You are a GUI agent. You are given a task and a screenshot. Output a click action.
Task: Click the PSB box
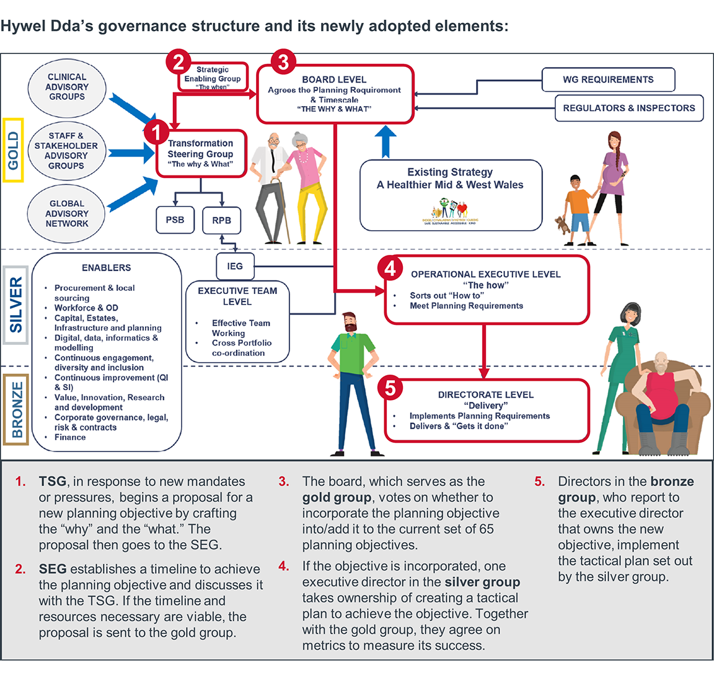(x=175, y=220)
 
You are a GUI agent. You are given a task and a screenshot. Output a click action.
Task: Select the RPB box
(x=221, y=220)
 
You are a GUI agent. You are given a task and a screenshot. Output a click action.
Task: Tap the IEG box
(x=235, y=266)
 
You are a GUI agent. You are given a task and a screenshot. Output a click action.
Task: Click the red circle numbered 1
(x=156, y=131)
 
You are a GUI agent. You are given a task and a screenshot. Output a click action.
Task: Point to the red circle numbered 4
(x=390, y=269)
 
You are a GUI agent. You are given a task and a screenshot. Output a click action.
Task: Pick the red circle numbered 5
(x=390, y=388)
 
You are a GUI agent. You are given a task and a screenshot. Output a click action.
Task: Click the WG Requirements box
(x=608, y=79)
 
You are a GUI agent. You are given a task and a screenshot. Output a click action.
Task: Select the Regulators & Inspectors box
(x=628, y=108)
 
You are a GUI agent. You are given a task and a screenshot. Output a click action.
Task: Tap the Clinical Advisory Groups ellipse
(x=67, y=87)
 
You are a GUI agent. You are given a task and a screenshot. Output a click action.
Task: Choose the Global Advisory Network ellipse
(x=67, y=213)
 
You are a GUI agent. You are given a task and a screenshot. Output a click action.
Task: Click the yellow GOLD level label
(x=14, y=151)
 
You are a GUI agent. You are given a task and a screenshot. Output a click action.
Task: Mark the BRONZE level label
(x=17, y=410)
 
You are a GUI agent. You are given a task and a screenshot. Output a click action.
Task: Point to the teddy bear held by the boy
(x=563, y=224)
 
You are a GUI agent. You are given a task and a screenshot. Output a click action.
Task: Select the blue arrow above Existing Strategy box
(x=386, y=141)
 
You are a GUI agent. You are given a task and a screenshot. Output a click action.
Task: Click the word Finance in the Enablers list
(x=70, y=437)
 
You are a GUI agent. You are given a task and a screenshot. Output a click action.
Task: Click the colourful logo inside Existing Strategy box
(x=451, y=211)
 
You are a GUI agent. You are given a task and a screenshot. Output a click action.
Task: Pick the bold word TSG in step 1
(x=52, y=482)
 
